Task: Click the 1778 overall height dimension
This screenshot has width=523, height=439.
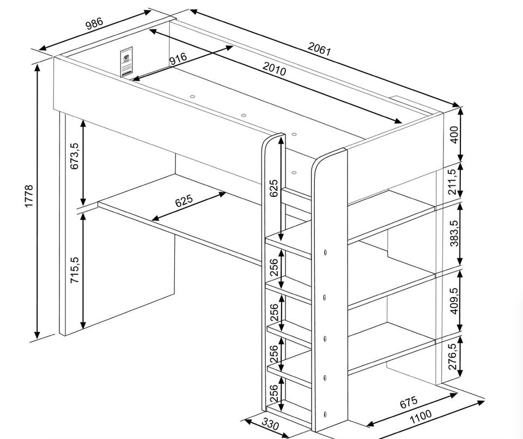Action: pos(29,196)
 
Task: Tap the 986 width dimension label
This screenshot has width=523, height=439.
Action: pos(95,23)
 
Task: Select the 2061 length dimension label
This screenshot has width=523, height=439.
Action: pos(319,49)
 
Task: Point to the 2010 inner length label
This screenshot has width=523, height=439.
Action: pos(274,69)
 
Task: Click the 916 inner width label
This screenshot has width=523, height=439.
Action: pos(178,59)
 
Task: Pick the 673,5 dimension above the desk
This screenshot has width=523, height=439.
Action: pos(75,156)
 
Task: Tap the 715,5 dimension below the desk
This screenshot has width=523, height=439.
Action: pos(75,270)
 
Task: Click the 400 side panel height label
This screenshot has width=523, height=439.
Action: pos(454,135)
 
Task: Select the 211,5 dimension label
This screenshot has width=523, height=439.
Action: pos(452,182)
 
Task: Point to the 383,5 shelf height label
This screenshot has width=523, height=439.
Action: pos(454,233)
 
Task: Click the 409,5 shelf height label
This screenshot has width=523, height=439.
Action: pos(454,301)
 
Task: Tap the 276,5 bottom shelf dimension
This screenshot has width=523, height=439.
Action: pos(453,356)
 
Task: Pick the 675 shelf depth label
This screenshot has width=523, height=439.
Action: pos(409,402)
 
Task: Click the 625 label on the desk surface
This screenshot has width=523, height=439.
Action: pos(184,201)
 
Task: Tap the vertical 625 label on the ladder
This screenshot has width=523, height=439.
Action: pos(274,188)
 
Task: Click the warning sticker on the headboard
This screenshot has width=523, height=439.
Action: pos(126,62)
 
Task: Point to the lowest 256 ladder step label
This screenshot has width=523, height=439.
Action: pos(273,393)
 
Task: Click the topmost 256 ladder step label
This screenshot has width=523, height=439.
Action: pos(274,267)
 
